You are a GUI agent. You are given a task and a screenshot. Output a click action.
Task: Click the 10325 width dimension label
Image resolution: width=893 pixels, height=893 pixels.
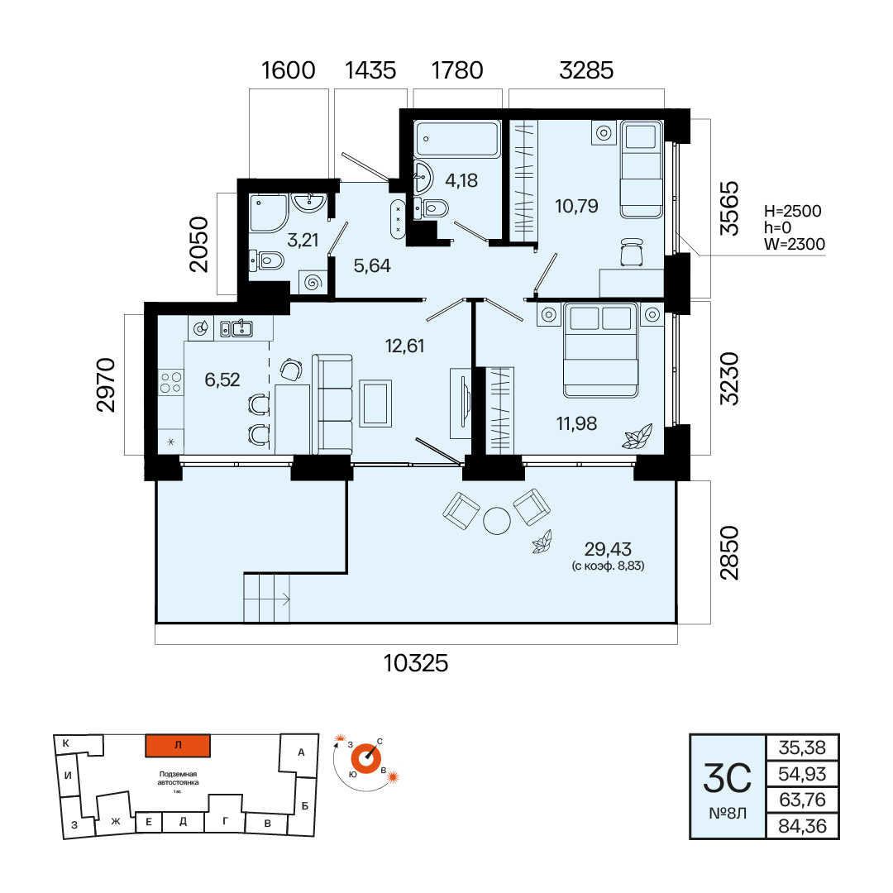(416, 663)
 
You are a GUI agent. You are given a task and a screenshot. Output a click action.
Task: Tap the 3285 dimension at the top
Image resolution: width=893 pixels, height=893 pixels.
(586, 70)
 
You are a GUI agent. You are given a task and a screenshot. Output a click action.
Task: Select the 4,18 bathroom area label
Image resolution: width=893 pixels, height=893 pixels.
(461, 180)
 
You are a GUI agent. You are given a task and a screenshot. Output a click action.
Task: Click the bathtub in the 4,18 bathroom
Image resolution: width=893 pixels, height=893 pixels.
(457, 139)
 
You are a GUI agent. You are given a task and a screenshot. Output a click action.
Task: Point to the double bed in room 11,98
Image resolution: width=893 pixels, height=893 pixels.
(600, 350)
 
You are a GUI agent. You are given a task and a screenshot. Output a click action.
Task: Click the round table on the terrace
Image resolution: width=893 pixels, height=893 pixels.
(497, 520)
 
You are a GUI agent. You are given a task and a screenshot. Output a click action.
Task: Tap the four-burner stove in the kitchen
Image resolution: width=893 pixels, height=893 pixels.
(171, 382)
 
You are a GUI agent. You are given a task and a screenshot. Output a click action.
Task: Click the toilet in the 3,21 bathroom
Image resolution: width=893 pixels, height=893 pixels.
(266, 261)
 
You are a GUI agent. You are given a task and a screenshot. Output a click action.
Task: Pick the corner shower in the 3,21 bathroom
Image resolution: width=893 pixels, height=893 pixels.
(268, 213)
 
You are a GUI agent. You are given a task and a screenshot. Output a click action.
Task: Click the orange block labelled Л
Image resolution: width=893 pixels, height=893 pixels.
(178, 746)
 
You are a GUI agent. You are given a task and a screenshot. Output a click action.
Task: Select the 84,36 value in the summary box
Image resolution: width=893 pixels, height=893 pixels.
(802, 826)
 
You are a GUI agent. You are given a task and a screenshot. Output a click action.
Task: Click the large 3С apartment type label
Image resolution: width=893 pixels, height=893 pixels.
(728, 778)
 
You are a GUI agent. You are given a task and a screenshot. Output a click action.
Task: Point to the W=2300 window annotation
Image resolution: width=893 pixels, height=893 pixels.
(795, 244)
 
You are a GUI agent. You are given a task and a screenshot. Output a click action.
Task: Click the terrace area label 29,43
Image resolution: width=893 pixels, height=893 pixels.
(608, 549)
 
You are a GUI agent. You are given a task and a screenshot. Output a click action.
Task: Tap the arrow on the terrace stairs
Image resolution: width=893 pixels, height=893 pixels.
(284, 599)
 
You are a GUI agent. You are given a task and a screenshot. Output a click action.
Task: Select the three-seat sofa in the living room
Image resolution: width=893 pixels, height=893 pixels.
(332, 404)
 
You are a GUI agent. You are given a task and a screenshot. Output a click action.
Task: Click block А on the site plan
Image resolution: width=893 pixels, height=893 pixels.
(301, 752)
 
